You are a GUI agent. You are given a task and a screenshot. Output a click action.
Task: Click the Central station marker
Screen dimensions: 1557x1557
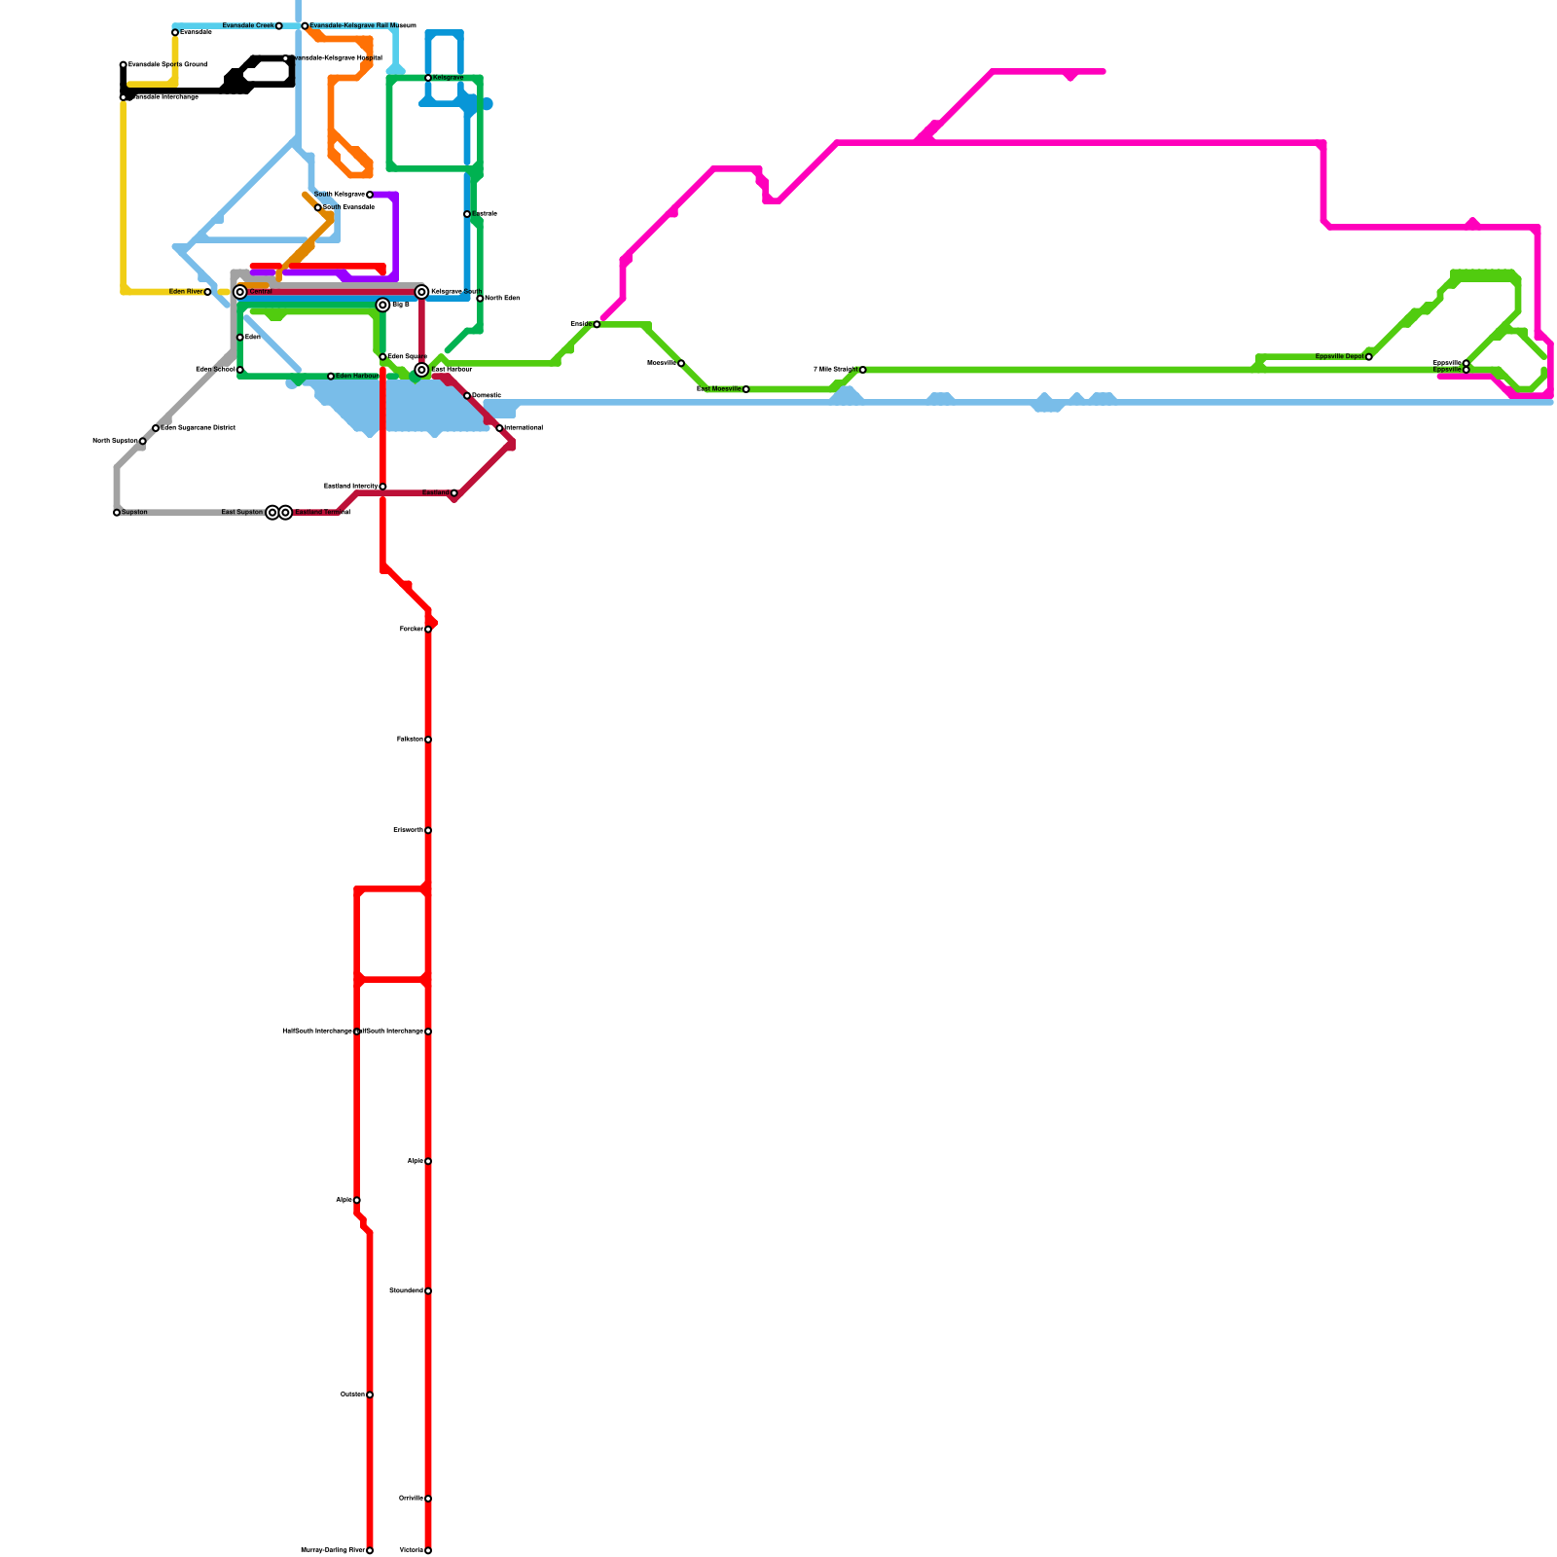coord(240,292)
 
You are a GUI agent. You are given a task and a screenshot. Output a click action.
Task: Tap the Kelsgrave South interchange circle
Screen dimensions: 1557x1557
coord(421,292)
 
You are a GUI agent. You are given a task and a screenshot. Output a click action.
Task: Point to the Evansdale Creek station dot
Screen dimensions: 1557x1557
coord(279,26)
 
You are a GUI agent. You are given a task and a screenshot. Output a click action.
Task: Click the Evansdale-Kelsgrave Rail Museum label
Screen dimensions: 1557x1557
coord(362,26)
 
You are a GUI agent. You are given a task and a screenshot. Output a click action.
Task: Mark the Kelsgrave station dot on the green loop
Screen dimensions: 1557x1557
coord(428,78)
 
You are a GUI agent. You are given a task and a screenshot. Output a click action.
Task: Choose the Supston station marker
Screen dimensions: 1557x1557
coord(117,513)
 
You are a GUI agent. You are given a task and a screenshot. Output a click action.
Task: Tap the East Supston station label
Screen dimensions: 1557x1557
coord(241,513)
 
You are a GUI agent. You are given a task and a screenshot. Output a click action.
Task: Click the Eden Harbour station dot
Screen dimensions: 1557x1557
coord(331,377)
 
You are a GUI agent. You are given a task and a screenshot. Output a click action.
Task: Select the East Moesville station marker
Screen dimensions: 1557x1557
coord(745,389)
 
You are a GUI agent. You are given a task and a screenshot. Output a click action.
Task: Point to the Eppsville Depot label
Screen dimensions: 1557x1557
coord(1339,357)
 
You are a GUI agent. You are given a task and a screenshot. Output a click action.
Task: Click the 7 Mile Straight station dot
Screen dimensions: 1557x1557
coord(862,370)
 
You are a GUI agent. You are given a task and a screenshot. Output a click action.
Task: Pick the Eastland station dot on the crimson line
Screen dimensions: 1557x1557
coord(453,493)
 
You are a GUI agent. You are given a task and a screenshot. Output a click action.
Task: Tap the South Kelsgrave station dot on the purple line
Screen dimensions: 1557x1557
coord(370,195)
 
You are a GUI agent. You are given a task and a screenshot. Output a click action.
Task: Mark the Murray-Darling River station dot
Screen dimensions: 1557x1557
coord(370,1550)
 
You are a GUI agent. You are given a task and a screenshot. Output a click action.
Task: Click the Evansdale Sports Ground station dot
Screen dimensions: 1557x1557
coord(124,65)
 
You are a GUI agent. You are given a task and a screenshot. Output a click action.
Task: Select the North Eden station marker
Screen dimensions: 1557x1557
coord(480,299)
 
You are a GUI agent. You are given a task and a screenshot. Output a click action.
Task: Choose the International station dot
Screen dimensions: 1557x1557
coord(499,428)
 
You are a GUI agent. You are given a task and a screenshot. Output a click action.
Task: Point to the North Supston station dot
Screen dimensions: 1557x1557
coord(143,442)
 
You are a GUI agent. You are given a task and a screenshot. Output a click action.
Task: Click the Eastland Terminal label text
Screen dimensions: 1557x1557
coord(322,513)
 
